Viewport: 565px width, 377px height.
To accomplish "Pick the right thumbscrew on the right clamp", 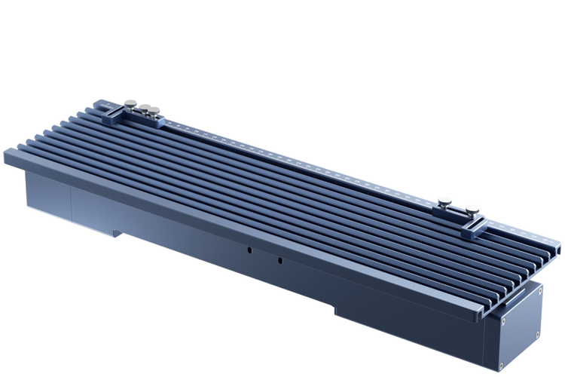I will (x=473, y=209).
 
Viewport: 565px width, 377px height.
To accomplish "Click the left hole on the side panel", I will (x=248, y=248).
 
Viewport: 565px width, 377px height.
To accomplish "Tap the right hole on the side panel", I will (x=279, y=260).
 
